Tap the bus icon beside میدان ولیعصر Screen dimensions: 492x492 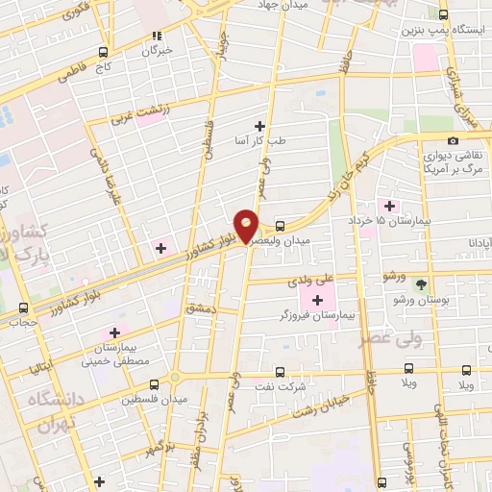pyautogui.click(x=280, y=227)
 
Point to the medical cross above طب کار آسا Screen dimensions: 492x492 pyautogui.click(x=259, y=125)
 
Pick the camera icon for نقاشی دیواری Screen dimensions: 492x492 pyautogui.click(x=453, y=141)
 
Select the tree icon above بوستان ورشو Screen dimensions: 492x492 pyautogui.click(x=420, y=284)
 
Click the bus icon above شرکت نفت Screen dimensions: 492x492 pyautogui.click(x=280, y=372)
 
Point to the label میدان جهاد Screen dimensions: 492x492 pyautogui.click(x=279, y=5)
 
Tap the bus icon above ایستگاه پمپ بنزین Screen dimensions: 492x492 pyautogui.click(x=443, y=15)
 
